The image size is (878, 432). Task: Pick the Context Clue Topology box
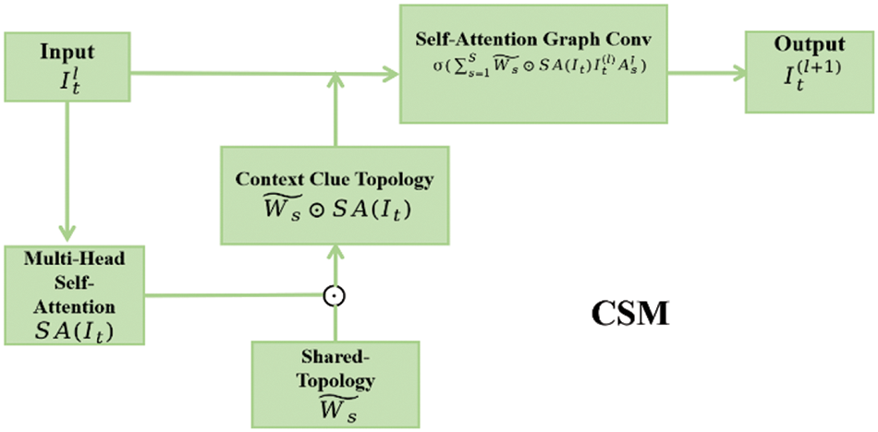pos(335,195)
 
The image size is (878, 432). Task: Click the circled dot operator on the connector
pos(335,296)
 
